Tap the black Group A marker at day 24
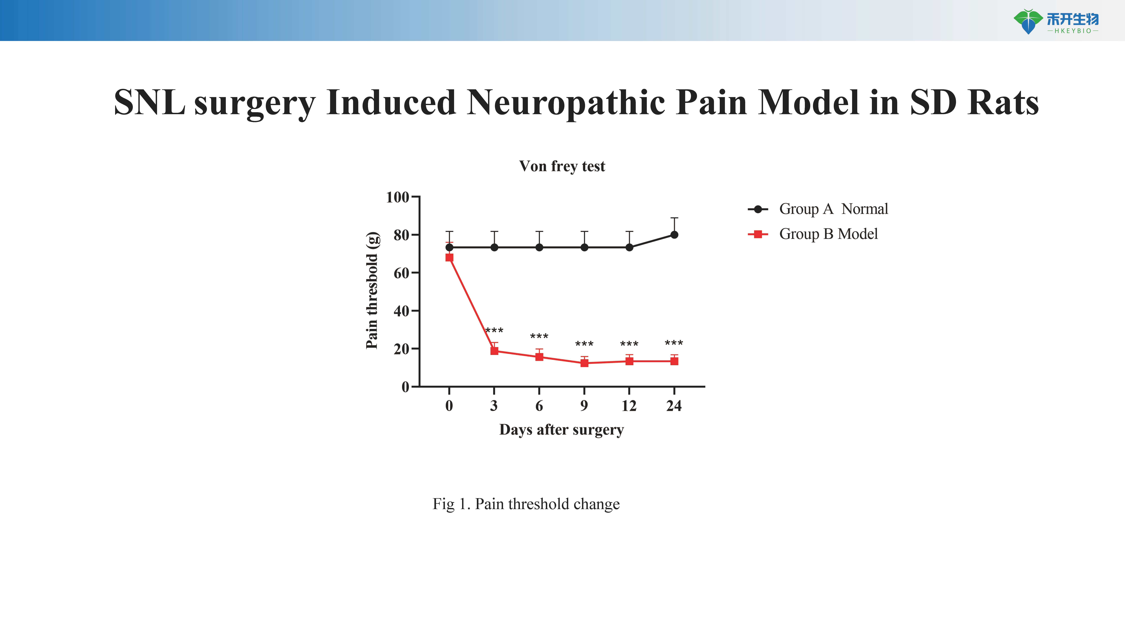click(x=674, y=235)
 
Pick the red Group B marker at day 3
click(x=494, y=351)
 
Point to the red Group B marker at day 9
click(x=584, y=363)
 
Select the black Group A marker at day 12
click(x=629, y=247)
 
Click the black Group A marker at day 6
click(x=539, y=247)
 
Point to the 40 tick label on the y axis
click(x=401, y=311)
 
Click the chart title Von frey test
click(x=562, y=166)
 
